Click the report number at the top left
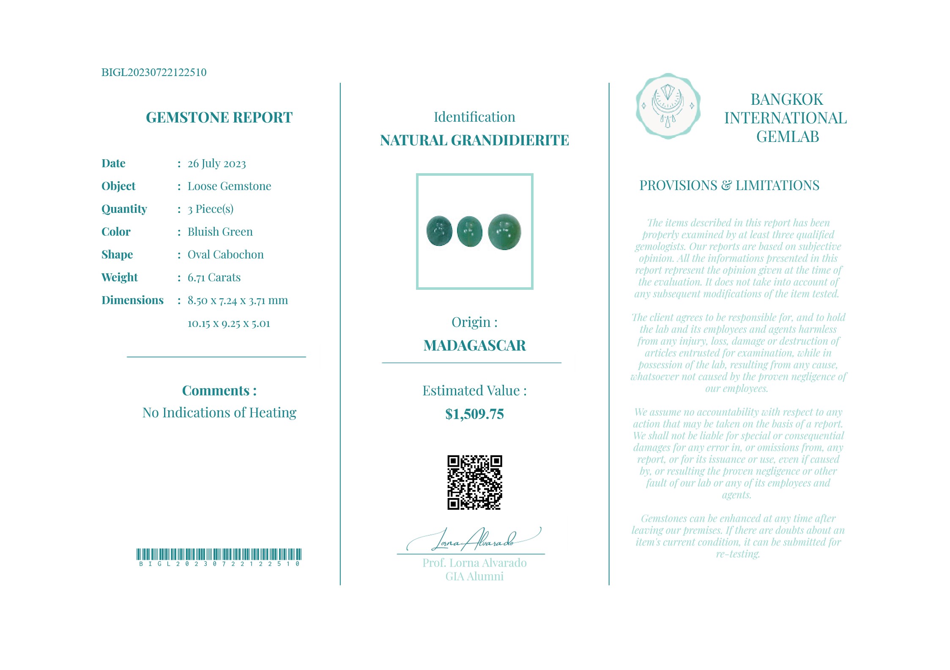point(154,72)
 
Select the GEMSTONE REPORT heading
point(219,117)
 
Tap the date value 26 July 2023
point(216,163)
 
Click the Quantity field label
point(124,209)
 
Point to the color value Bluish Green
point(220,232)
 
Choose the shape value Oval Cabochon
point(225,255)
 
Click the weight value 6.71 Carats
point(214,278)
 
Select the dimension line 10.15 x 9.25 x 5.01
point(228,324)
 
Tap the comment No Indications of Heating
point(219,413)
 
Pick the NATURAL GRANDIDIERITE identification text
point(474,140)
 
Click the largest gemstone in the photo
point(504,232)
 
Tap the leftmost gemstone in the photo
point(439,231)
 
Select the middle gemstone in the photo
point(470,231)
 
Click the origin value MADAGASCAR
point(474,346)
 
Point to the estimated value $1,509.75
point(474,414)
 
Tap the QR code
point(474,482)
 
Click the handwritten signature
point(474,540)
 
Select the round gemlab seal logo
point(668,106)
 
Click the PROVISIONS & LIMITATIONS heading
point(729,185)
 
